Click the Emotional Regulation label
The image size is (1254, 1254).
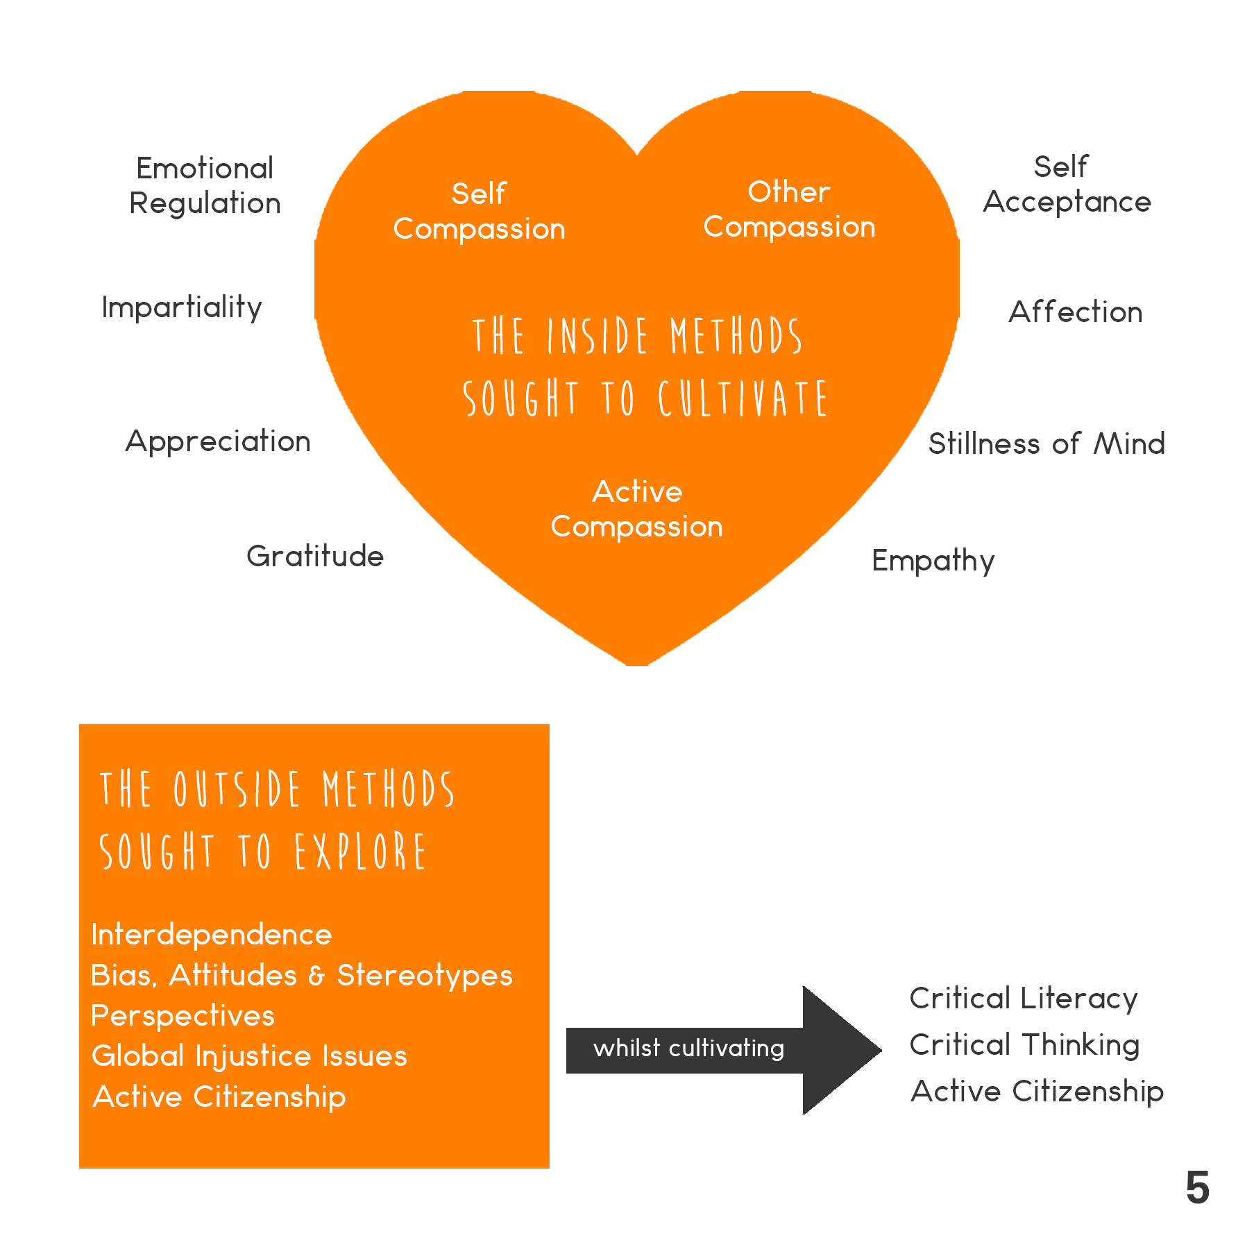click(205, 185)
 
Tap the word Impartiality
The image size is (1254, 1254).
click(182, 307)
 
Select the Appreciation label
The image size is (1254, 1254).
click(218, 441)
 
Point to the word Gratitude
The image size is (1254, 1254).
click(315, 556)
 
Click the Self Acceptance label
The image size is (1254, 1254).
click(1067, 184)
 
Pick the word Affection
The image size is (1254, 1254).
click(1075, 312)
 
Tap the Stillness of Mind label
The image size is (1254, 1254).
click(1047, 444)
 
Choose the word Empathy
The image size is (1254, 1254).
click(933, 561)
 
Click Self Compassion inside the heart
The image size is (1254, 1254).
click(479, 211)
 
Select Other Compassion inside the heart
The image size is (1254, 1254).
click(789, 209)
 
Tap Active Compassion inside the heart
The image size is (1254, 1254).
click(637, 509)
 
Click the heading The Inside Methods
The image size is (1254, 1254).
click(637, 337)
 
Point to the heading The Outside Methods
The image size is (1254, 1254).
click(276, 790)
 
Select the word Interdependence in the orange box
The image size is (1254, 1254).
click(212, 935)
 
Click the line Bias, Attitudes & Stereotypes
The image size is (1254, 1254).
click(301, 975)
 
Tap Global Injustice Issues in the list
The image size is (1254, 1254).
click(249, 1056)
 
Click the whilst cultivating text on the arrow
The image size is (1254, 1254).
click(688, 1048)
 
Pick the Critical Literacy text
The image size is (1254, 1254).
click(1024, 999)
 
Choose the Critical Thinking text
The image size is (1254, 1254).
click(1024, 1044)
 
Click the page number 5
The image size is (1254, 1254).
click(1197, 1188)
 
